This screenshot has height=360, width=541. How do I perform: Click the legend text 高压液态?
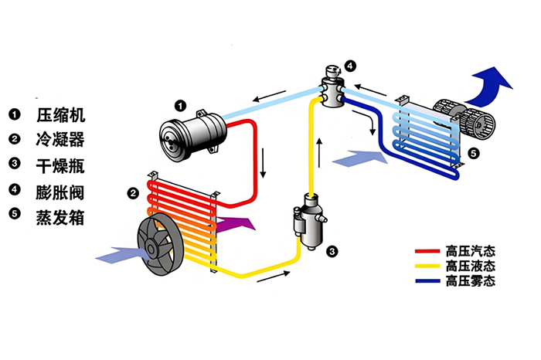[469, 267]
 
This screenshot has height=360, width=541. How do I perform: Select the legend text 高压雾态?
[469, 280]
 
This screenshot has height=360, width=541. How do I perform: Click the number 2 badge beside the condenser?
[133, 192]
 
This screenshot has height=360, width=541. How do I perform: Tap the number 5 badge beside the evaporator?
[474, 153]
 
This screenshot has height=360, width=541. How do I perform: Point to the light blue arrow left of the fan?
[114, 253]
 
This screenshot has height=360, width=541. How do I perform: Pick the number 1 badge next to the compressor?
[179, 105]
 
